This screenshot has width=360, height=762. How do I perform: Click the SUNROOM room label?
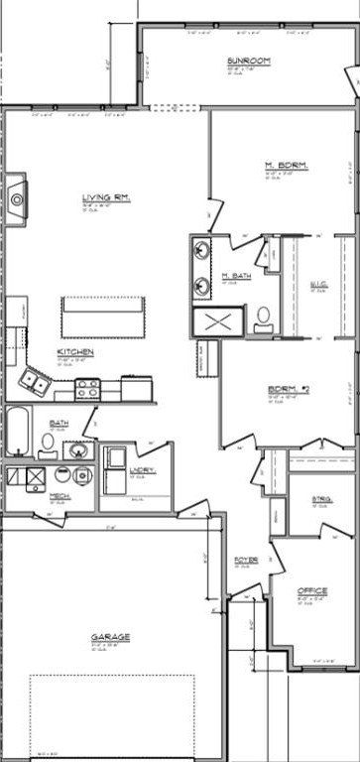click(x=243, y=62)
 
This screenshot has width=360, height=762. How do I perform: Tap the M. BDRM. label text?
click(x=283, y=164)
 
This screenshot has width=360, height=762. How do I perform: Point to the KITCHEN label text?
click(x=75, y=352)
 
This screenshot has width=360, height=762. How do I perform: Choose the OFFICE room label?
click(x=312, y=591)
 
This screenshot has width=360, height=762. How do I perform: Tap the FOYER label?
click(x=246, y=561)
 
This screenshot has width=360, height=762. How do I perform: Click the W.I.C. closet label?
click(x=318, y=285)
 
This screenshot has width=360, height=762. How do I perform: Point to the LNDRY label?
click(x=142, y=469)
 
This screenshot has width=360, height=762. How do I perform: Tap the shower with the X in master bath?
click(x=218, y=320)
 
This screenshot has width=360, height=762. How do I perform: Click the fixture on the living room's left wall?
click(x=14, y=199)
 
